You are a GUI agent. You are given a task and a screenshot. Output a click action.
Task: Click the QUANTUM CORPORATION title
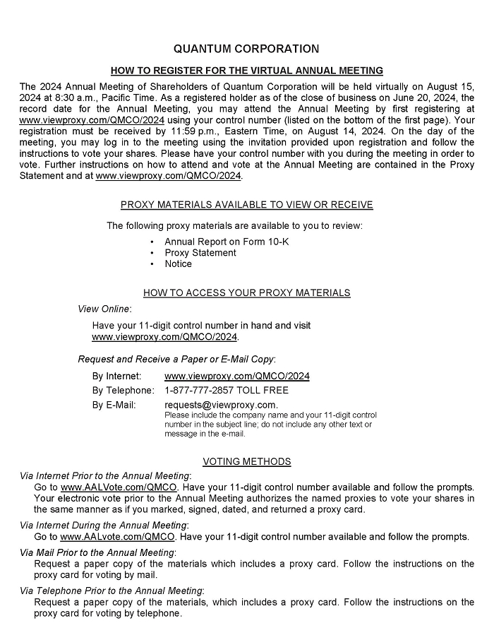[246, 49]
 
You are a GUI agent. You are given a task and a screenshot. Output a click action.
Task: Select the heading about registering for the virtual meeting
[246, 71]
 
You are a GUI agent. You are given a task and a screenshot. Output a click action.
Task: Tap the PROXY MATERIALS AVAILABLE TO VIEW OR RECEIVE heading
[246, 205]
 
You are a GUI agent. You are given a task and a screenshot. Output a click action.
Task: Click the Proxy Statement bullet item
[200, 253]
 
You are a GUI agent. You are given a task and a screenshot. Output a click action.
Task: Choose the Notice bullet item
[178, 264]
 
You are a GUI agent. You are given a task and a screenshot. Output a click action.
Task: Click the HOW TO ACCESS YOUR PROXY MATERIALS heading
[246, 293]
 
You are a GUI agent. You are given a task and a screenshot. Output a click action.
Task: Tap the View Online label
[104, 309]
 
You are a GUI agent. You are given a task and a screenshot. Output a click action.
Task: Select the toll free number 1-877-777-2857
[227, 391]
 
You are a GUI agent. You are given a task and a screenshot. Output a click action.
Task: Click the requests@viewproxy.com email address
[221, 405]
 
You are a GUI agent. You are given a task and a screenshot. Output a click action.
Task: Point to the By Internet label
[116, 377]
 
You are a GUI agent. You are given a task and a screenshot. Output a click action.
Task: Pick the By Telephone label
[123, 391]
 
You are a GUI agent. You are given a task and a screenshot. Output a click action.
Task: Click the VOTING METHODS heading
[246, 462]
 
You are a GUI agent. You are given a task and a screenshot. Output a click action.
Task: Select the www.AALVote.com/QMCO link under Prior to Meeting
[119, 487]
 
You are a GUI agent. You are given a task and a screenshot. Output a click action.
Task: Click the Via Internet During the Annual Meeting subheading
[104, 525]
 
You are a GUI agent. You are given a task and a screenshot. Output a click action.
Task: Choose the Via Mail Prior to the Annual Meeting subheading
[97, 552]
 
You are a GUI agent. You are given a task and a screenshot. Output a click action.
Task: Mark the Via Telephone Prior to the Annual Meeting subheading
[112, 591]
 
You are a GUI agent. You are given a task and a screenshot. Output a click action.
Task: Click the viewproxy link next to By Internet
[236, 377]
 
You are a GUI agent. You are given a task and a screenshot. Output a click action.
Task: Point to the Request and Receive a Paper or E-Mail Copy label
[176, 360]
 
